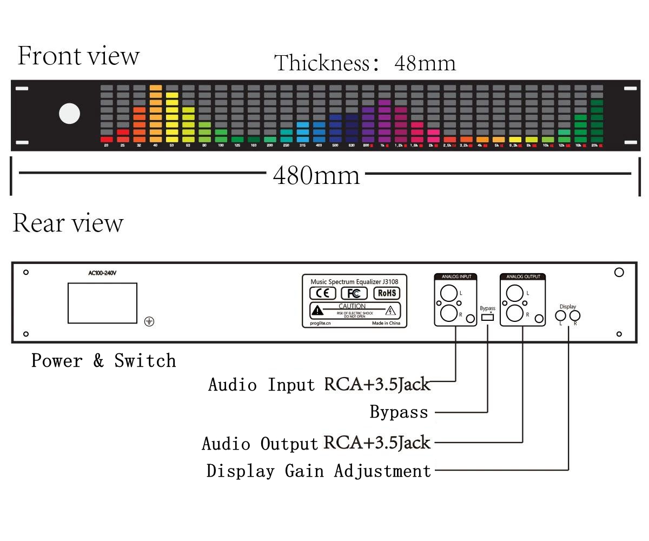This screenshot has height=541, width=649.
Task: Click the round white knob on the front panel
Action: coord(69,114)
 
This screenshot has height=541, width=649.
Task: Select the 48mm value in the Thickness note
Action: coord(425,63)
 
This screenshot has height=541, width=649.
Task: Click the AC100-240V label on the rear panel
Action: coord(102,273)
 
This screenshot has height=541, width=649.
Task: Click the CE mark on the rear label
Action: coord(323,293)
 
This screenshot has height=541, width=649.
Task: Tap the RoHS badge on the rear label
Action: coord(387,293)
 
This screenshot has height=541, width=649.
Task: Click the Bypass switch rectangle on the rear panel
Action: coord(487,317)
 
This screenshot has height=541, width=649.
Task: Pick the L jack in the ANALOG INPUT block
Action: coord(448,293)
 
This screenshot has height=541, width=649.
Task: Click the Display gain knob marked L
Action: coord(561,315)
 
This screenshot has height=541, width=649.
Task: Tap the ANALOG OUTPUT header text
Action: coord(522,277)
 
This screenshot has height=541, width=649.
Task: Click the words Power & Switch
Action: coord(103,361)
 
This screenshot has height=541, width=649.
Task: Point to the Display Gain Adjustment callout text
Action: coord(319,471)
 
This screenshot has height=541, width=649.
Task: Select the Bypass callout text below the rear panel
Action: coord(399,412)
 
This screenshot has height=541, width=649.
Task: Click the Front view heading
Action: coord(78,56)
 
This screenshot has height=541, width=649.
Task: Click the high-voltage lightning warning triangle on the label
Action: coord(390,311)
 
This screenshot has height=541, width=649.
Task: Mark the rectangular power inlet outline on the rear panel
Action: coord(102,303)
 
